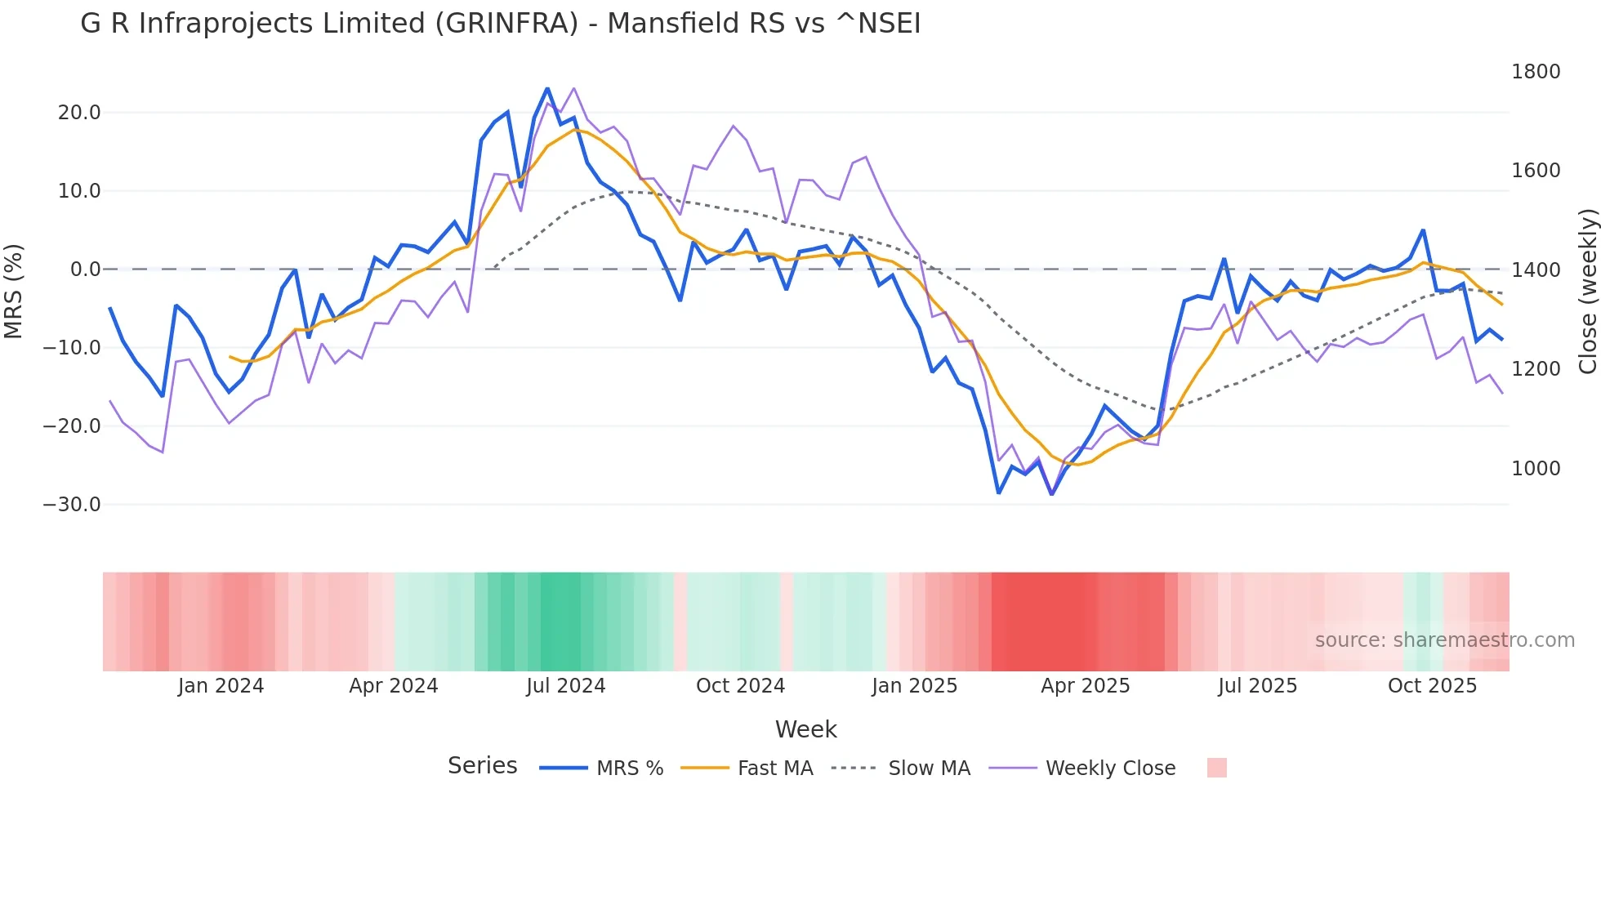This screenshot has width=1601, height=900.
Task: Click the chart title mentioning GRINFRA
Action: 500,24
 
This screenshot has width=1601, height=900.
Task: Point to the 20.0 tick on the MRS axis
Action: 79,113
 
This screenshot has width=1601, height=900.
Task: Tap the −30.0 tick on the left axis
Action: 72,505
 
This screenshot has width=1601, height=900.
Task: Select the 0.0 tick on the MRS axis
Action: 85,270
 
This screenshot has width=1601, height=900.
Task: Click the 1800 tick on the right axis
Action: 1536,72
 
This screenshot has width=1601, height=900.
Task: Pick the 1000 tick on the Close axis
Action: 1536,469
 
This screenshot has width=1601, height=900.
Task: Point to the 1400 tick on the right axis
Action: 1536,270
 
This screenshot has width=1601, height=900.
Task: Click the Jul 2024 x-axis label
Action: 565,686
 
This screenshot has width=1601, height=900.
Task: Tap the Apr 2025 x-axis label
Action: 1085,686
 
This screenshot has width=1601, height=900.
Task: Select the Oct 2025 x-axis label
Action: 1432,686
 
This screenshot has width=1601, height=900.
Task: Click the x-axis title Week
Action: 805,729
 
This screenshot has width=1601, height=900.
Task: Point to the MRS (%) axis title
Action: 14,292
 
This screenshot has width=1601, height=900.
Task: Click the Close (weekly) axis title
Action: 1587,292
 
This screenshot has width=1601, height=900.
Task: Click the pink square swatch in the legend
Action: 1216,768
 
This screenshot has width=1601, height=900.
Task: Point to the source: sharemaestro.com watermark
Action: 1444,640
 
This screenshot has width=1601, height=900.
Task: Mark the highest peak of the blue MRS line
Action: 547,88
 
